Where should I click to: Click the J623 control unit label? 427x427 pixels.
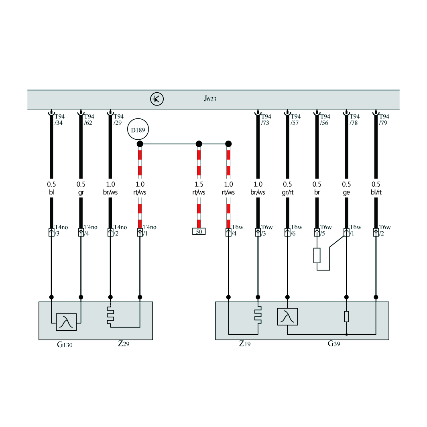(210, 99)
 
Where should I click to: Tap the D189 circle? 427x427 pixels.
(138, 130)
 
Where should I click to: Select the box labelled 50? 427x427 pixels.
(199, 232)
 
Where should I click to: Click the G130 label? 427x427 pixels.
(65, 345)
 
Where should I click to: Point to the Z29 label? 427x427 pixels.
(123, 344)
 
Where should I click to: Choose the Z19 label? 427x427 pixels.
(244, 344)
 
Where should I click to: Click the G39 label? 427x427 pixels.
(333, 344)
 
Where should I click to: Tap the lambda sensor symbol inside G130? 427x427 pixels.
(66, 322)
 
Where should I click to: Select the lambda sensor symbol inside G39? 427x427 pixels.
(287, 317)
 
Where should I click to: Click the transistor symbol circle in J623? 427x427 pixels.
(157, 99)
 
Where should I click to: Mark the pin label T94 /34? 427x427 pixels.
(59, 120)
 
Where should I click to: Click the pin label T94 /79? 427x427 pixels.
(384, 120)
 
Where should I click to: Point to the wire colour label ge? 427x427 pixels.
(346, 193)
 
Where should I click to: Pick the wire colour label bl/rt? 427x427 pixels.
(376, 192)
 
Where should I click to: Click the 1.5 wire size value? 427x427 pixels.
(199, 184)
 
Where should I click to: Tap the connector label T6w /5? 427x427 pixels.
(326, 230)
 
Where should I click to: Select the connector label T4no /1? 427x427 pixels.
(150, 230)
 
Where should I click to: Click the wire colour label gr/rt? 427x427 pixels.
(288, 192)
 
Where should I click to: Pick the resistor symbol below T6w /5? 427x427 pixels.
(317, 255)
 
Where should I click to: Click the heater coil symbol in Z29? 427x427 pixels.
(110, 316)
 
